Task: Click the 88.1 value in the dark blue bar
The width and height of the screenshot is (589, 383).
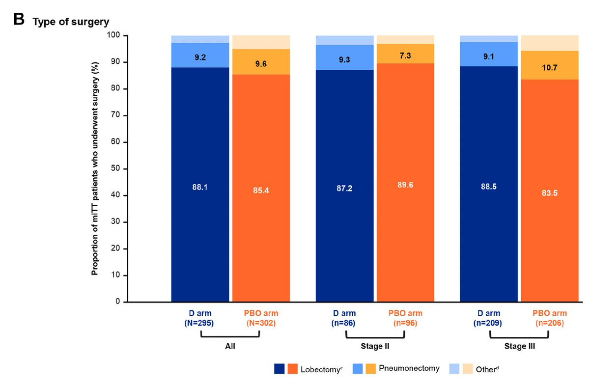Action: [200, 187]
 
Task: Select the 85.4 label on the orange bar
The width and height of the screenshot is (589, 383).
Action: [261, 190]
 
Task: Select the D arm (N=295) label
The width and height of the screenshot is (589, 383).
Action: [200, 318]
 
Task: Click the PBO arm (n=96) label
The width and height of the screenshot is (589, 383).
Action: [405, 318]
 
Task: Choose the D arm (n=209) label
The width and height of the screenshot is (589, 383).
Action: [489, 318]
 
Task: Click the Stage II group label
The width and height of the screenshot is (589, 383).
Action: [375, 346]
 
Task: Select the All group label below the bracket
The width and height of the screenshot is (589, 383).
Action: [230, 346]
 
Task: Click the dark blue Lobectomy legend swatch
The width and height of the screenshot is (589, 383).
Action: [280, 368]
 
